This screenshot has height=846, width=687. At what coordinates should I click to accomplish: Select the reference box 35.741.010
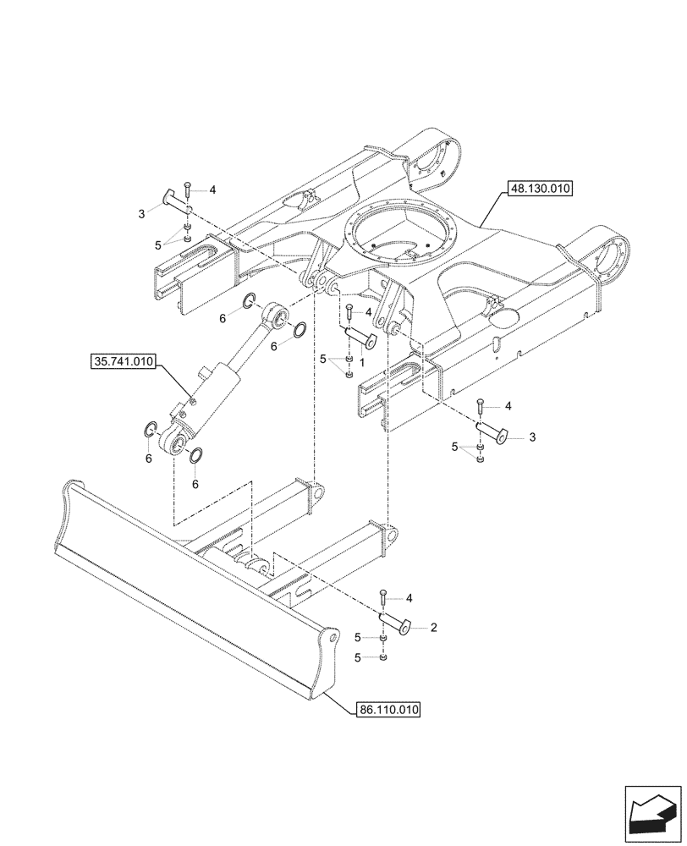tap(122, 363)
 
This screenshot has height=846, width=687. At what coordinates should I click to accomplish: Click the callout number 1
tap(361, 361)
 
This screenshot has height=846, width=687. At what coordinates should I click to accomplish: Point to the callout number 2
tap(433, 628)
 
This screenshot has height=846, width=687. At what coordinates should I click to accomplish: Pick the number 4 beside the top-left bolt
tap(212, 190)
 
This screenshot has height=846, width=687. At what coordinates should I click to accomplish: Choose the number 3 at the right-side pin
tap(531, 437)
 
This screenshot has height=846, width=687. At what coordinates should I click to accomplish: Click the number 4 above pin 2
tap(409, 599)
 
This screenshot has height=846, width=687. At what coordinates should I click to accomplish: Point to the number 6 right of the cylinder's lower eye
tap(195, 484)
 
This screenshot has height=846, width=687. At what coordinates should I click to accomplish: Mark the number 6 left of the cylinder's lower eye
tap(149, 459)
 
